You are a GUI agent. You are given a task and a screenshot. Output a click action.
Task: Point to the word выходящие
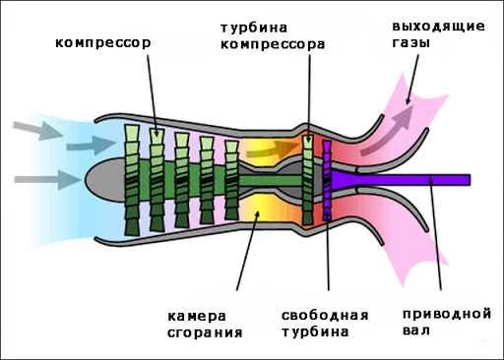[x=438, y=25]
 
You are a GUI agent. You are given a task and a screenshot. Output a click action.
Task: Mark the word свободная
[x=325, y=315]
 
